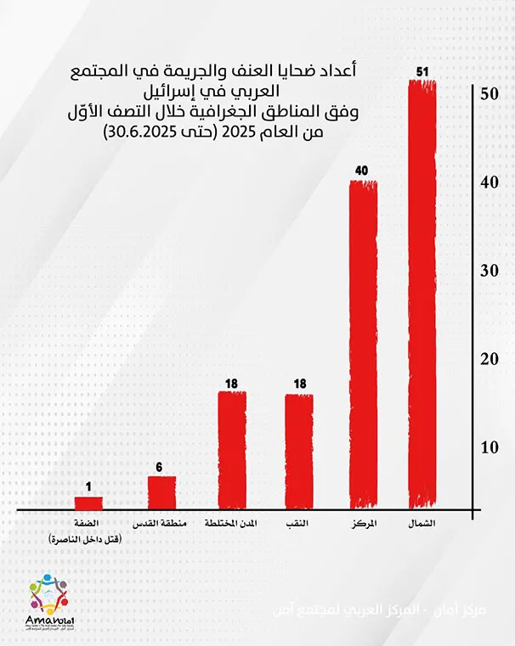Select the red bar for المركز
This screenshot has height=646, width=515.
[x=363, y=345]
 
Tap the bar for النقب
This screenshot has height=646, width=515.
[x=298, y=451]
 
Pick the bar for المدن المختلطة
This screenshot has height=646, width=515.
[x=232, y=450]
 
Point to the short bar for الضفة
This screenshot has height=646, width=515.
[x=88, y=503]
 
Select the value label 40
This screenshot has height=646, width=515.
[x=361, y=171]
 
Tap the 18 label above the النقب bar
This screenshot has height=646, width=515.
[x=298, y=384]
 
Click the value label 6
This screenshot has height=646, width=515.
[x=161, y=466]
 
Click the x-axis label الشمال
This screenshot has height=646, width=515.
[x=422, y=523]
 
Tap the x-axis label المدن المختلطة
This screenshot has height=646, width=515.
[x=232, y=523]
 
